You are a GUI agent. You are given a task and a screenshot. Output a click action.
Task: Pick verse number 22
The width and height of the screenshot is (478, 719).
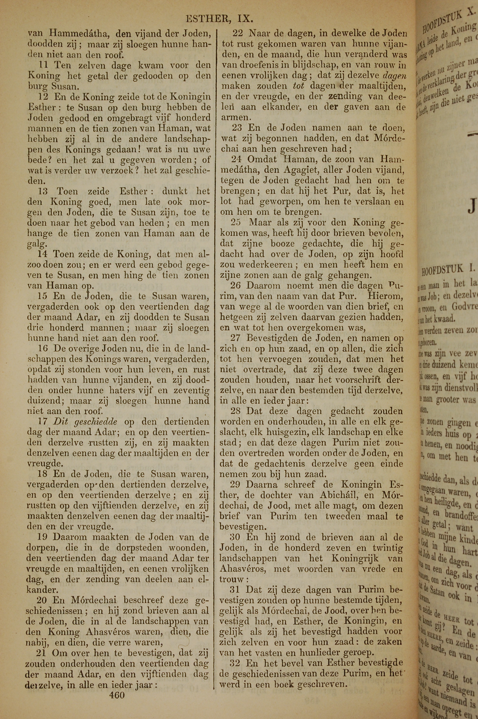(238, 33)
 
